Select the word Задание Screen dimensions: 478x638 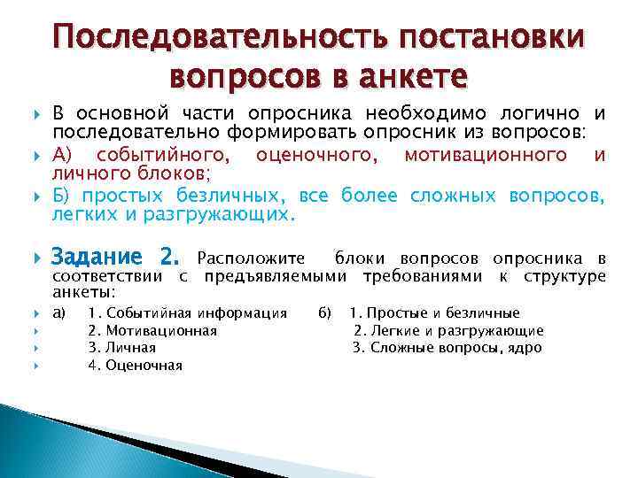coord(96,258)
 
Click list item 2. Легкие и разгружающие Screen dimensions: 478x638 coord(448,330)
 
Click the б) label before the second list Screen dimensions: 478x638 coord(324,312)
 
